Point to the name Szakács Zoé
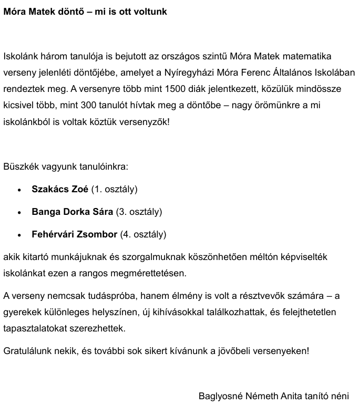point(60,189)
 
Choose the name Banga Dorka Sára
point(72,212)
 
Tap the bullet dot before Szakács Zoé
point(19,190)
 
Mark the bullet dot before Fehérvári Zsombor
point(19,235)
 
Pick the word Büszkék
point(20,167)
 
